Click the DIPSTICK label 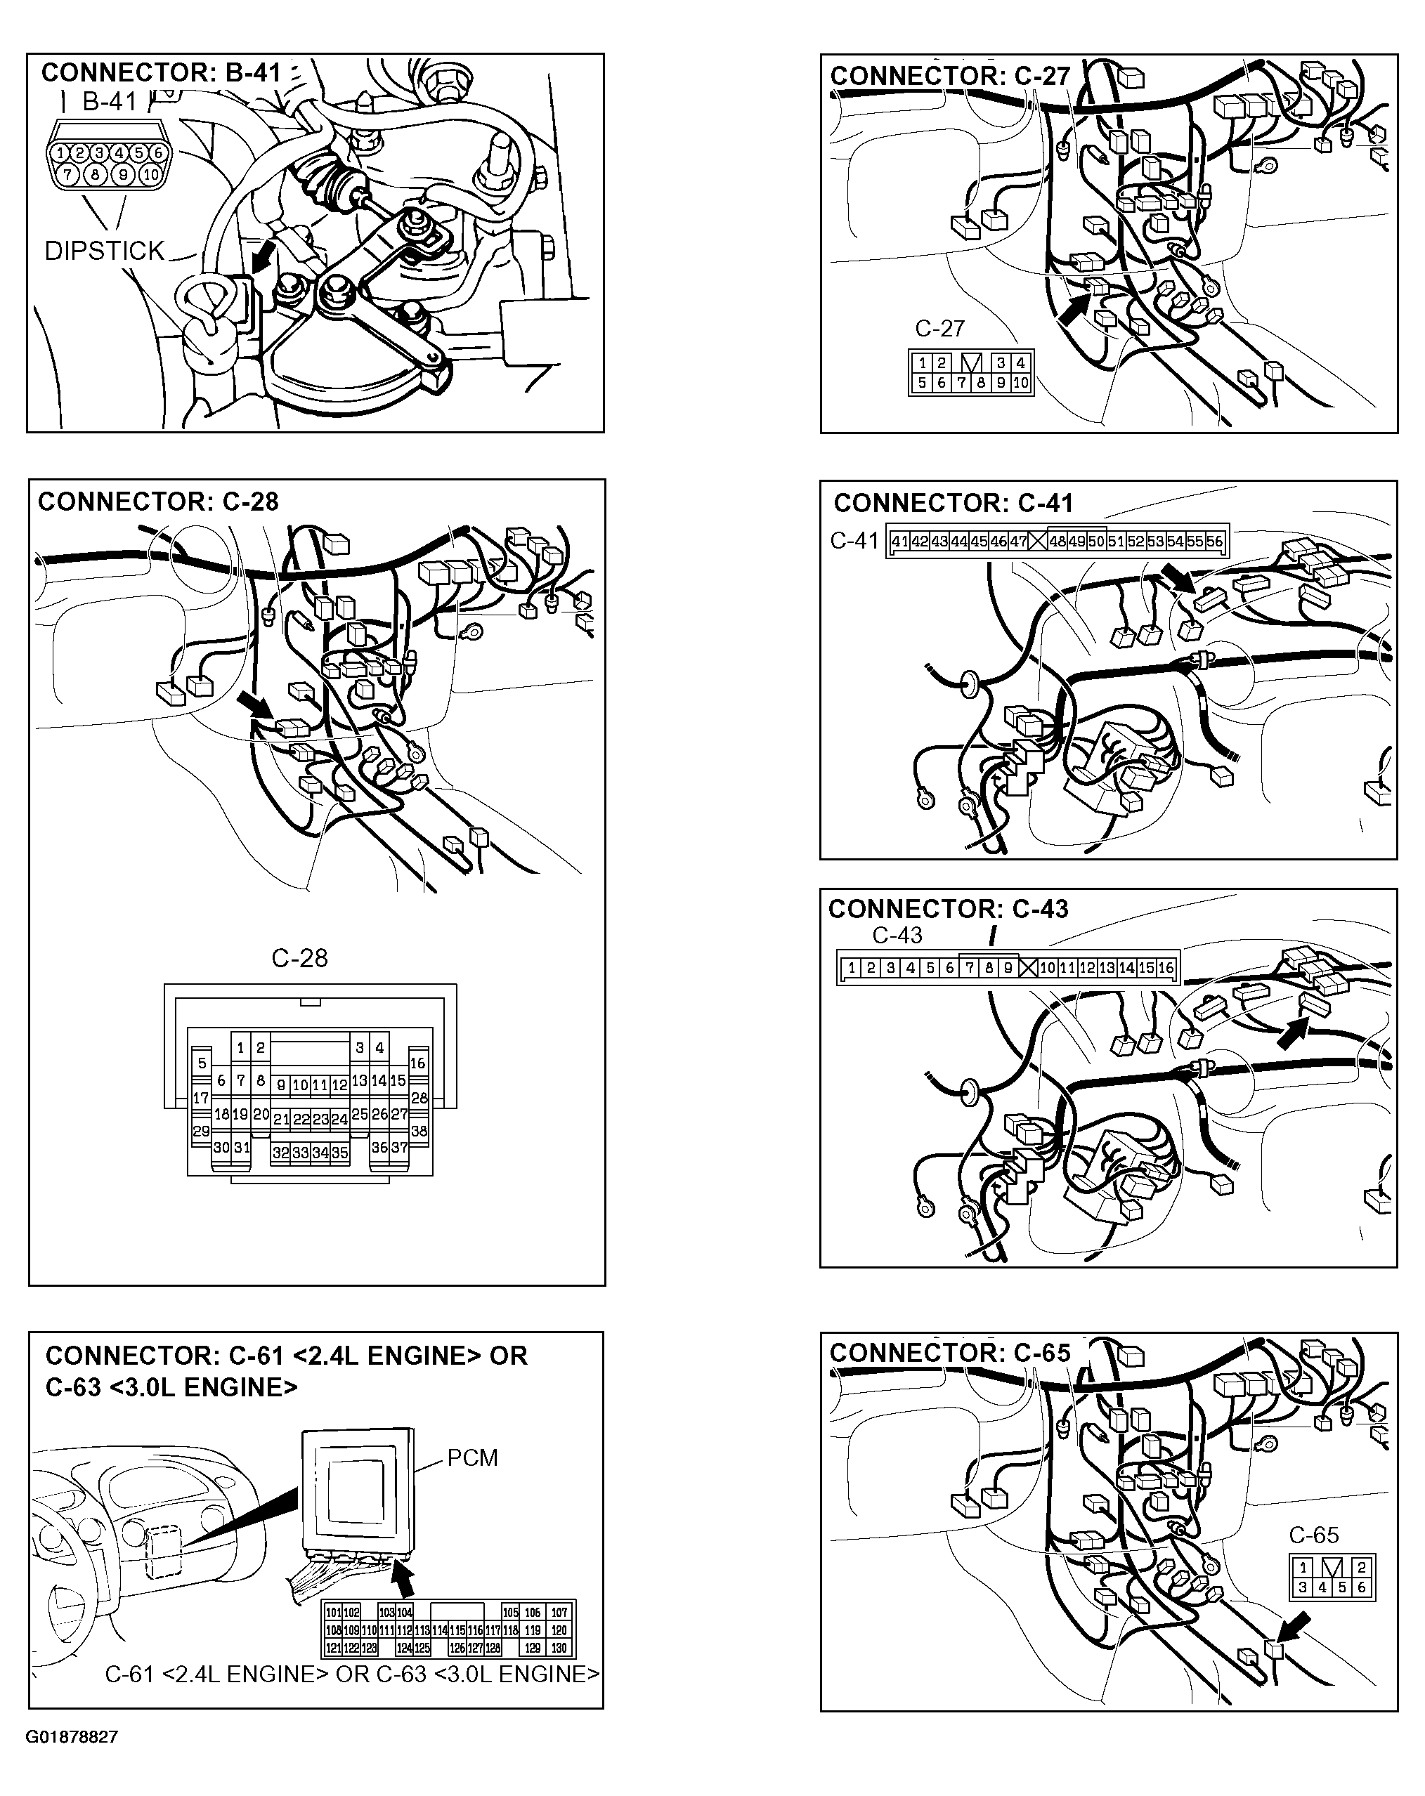(x=104, y=251)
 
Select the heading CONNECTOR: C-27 (x=950, y=76)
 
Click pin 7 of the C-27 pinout (x=961, y=384)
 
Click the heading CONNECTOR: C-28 (x=158, y=502)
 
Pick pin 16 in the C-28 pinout (x=417, y=1063)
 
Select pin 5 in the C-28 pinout (x=202, y=1063)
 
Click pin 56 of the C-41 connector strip (x=1214, y=542)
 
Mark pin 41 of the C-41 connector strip (x=899, y=542)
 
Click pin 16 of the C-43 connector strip (x=1165, y=968)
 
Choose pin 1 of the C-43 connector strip (x=851, y=968)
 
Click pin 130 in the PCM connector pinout (x=559, y=1648)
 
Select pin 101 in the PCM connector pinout (x=332, y=1613)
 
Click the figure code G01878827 (x=72, y=1737)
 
